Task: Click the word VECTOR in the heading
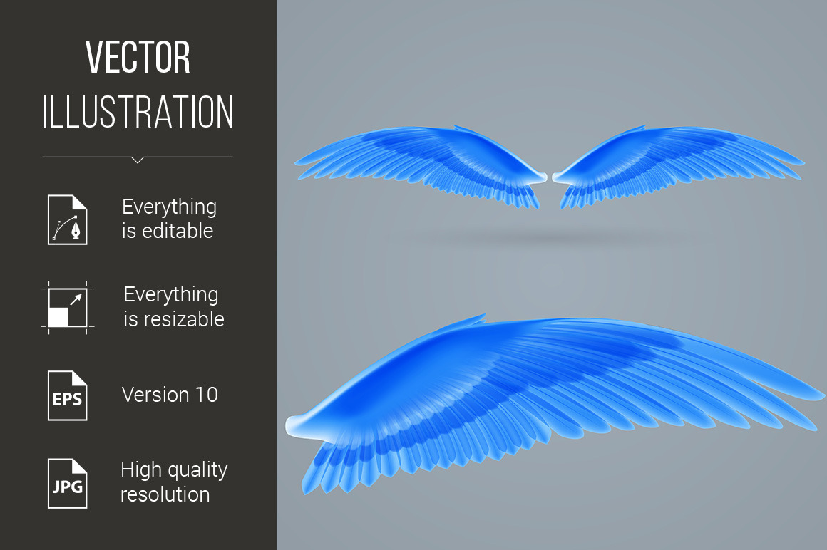[138, 57]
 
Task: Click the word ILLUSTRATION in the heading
[138, 112]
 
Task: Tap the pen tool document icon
[68, 219]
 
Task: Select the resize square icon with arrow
[68, 308]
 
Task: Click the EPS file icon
[68, 395]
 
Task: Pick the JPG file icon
[68, 484]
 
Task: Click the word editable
[178, 231]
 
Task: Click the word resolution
[165, 494]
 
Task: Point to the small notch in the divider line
[138, 160]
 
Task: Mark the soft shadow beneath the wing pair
[548, 238]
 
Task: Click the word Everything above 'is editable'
[169, 207]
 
